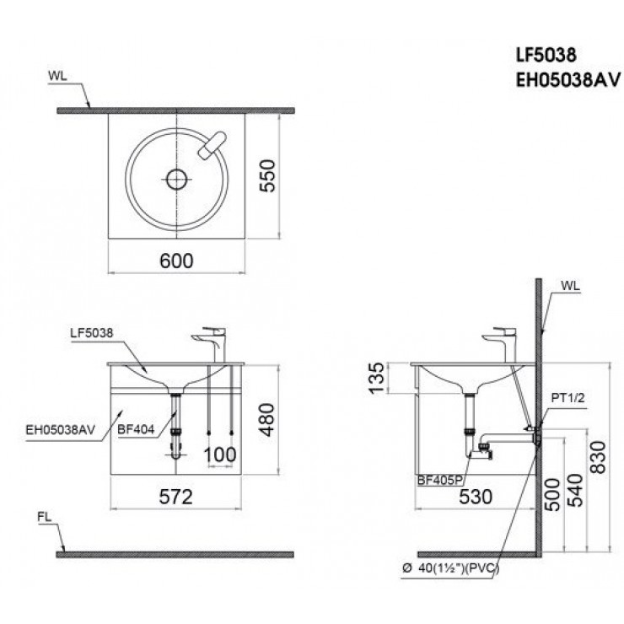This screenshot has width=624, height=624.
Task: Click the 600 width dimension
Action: point(177,261)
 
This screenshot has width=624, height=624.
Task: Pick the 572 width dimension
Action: point(176,496)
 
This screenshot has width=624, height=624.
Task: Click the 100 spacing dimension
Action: point(220,455)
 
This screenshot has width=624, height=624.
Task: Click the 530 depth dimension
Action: point(476,496)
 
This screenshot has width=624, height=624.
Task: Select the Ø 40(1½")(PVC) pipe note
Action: point(453,568)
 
